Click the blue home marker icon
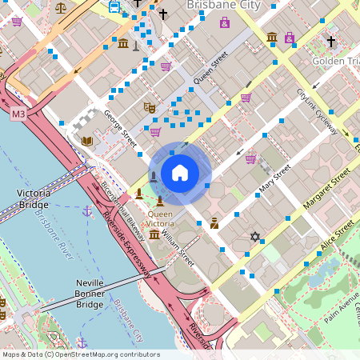tap(180, 172)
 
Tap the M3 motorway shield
tap(18, 115)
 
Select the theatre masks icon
tap(148, 106)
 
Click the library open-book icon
tap(87, 141)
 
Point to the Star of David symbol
tap(255, 236)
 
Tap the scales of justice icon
tap(62, 7)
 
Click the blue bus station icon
tap(114, 7)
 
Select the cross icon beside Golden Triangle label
tap(330, 41)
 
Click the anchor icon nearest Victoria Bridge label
tap(86, 211)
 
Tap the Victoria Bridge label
tap(33, 198)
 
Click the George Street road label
tap(120, 128)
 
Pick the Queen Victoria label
tap(160, 219)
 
